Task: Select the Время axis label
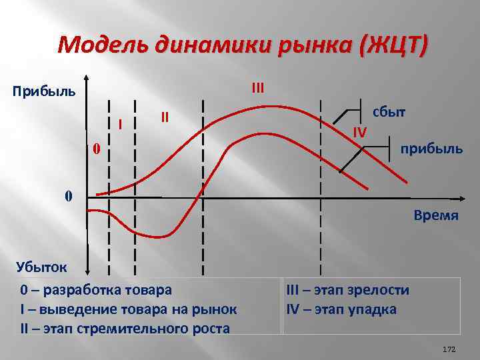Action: [x=436, y=215]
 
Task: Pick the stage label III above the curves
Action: [x=258, y=87]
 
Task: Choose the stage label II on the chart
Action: [x=165, y=117]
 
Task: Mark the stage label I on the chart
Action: [x=119, y=124]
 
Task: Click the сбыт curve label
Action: [x=389, y=111]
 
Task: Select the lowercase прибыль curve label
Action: [x=431, y=148]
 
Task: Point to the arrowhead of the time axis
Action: [x=460, y=199]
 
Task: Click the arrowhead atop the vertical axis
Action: [x=87, y=76]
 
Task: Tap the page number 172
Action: [x=448, y=349]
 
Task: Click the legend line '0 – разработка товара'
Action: [x=95, y=290]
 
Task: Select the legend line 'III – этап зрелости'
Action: [x=347, y=290]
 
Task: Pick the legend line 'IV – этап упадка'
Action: [x=341, y=309]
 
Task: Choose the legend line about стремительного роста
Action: [x=125, y=328]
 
